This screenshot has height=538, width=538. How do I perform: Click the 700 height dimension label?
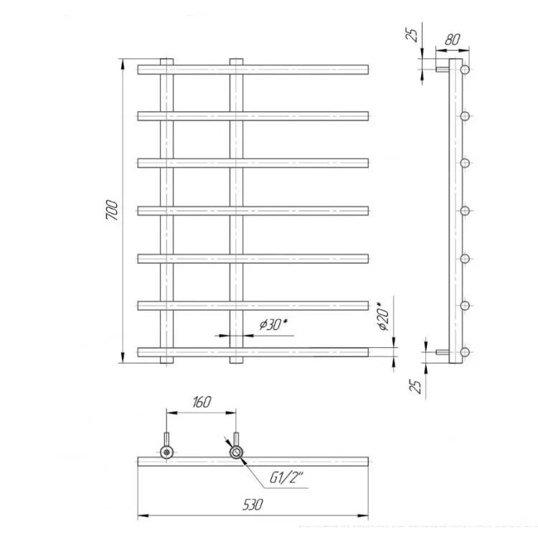112,210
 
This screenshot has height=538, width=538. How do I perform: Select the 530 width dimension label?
253,505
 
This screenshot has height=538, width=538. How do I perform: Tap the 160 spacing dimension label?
202,402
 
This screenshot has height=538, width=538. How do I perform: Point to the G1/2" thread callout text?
286,477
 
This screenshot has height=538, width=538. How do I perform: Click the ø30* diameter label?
273,324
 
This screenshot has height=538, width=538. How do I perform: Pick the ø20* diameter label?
384,316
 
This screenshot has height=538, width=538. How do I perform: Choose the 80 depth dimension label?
452,39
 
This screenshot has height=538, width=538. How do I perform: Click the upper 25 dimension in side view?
412,34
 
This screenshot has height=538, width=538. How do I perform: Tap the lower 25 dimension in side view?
415,387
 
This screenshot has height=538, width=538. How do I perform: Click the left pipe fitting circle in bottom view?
166,453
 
